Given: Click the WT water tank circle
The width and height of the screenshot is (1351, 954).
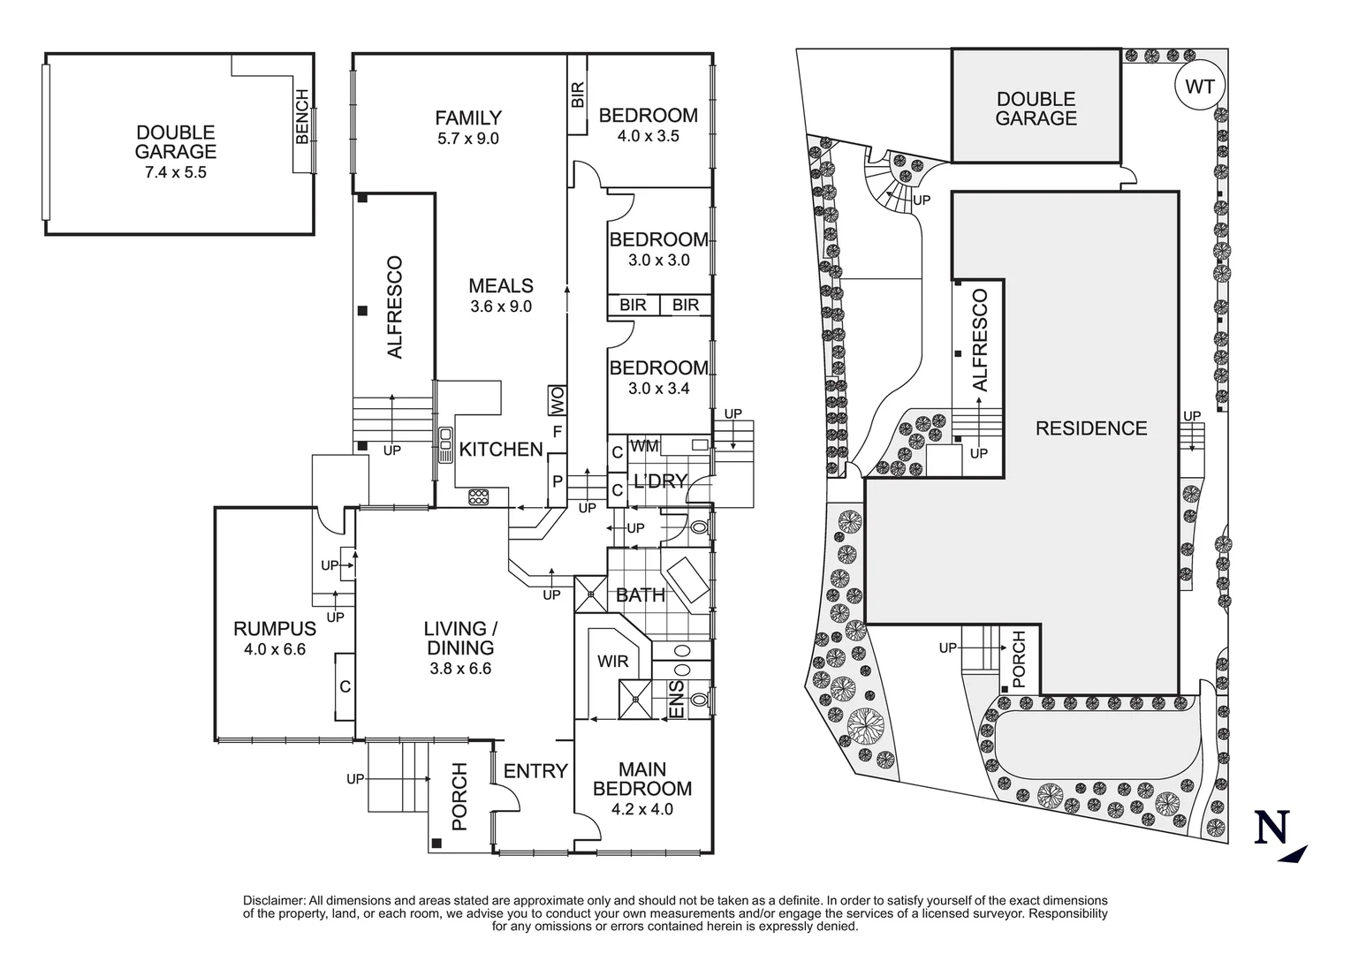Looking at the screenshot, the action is [1200, 87].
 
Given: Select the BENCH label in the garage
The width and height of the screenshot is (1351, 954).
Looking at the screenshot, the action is [302, 117].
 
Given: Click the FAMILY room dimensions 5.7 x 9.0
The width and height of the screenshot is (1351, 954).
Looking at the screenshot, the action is [468, 139].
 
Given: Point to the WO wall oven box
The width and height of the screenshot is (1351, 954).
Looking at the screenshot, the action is [558, 400].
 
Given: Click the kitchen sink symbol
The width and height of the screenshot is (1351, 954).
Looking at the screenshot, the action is [445, 444].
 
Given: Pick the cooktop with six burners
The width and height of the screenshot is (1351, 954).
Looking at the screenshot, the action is [478, 497].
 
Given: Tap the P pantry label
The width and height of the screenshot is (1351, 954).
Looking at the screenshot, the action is [558, 481].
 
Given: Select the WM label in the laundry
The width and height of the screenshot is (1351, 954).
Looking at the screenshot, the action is [644, 446].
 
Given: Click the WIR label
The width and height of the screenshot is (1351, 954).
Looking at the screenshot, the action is [613, 662].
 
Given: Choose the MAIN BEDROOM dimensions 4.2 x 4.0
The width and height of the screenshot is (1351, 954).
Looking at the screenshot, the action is [642, 809].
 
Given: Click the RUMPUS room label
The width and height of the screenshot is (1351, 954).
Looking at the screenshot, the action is [275, 629].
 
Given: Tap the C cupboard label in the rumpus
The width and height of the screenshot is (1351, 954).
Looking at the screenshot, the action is [345, 686].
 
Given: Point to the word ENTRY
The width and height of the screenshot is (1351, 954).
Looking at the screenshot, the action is [535, 770].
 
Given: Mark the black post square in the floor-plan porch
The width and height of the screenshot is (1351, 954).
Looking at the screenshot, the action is [436, 844].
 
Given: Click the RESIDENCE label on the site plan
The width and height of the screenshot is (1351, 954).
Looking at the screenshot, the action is [1091, 428].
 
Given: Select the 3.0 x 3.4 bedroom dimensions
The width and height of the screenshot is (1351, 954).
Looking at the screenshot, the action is [658, 389].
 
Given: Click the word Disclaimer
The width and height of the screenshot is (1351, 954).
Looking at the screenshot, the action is [274, 900].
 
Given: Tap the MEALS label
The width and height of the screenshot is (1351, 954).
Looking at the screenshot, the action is [501, 285].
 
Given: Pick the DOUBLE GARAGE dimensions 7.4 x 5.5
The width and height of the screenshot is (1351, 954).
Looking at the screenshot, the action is [176, 172].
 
